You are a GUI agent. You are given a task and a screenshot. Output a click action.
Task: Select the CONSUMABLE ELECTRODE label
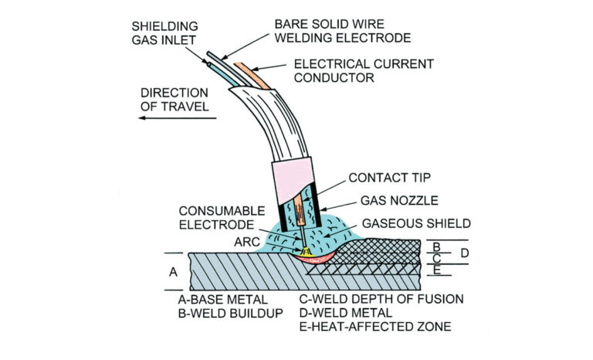(x=218, y=217)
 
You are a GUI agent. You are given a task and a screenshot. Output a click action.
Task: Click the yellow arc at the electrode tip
(x=306, y=250)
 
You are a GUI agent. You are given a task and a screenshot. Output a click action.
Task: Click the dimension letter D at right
(x=465, y=253)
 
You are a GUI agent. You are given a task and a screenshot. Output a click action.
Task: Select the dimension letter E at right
(x=436, y=270)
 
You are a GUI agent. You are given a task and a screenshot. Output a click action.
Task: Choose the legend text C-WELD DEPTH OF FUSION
(x=377, y=299)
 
